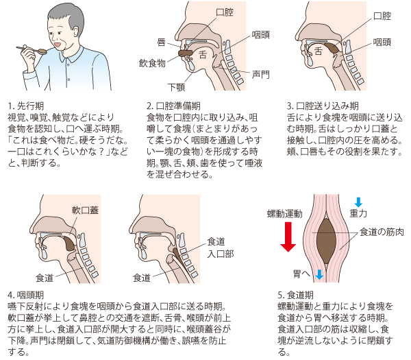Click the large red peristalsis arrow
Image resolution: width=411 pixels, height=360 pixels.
[288, 237]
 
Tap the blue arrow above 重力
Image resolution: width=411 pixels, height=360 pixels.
[358, 202]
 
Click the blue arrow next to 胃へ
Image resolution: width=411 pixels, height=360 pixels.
[319, 274]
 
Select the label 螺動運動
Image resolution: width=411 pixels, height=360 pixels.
[285, 214]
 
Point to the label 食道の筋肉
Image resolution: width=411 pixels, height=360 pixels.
[382, 232]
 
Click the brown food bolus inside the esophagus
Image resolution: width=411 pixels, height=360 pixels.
[326, 241]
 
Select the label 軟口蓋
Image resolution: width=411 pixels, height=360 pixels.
[85, 210]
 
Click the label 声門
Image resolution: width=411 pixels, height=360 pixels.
[260, 74]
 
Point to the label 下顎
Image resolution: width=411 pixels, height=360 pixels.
[177, 87]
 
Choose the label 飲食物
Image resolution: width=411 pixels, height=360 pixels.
[152, 63]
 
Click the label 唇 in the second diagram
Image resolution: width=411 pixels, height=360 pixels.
[161, 42]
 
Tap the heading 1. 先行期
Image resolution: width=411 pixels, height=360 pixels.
[26, 106]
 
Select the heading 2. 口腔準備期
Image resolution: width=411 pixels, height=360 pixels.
[173, 106]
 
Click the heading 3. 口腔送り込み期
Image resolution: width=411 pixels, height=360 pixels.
[323, 106]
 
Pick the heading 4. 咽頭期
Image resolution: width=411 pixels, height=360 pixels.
[26, 295]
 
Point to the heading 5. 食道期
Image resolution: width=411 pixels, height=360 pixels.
[296, 295]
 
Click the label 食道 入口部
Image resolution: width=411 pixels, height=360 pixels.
[220, 248]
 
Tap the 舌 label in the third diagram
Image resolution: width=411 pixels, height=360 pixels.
[319, 51]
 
